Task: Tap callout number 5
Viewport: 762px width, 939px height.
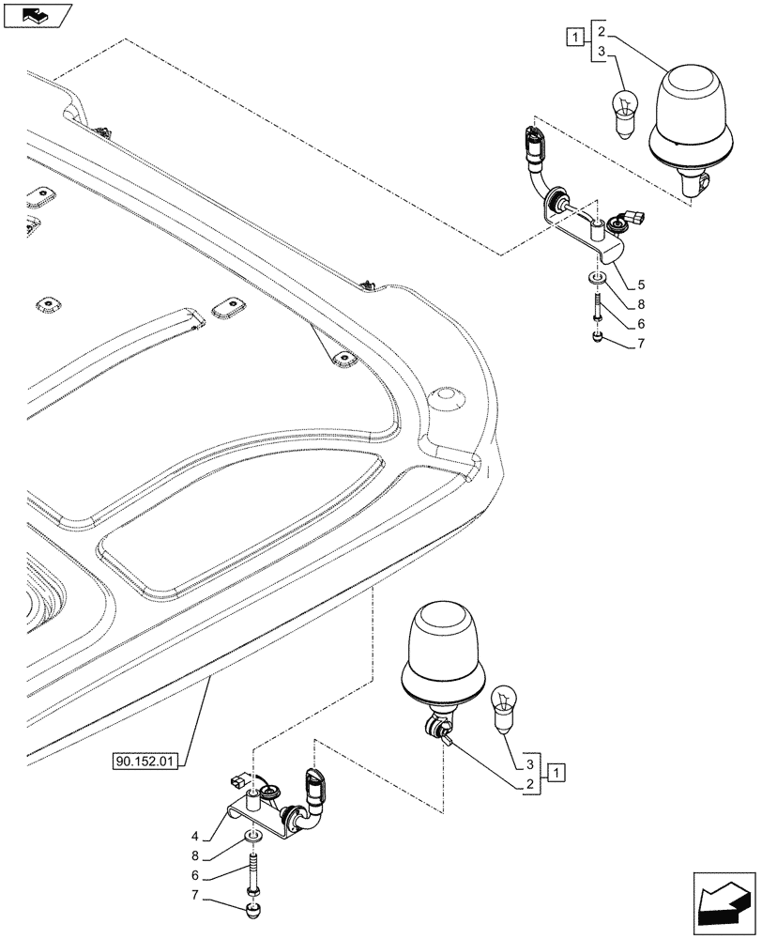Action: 641,283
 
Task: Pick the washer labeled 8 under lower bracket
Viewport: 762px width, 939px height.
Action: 251,839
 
